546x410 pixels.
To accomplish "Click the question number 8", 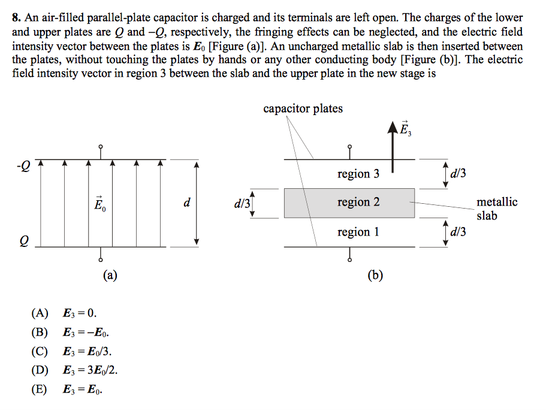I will [x=16, y=18].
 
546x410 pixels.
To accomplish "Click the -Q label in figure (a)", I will [x=23, y=163].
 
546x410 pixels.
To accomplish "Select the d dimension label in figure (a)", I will [x=187, y=203].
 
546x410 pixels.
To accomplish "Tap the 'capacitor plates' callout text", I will [x=303, y=108].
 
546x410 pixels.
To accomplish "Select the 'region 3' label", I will [x=358, y=174].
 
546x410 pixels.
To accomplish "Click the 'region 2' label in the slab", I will [x=358, y=202].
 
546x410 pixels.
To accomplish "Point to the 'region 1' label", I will [x=358, y=231].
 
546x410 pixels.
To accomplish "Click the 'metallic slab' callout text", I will [x=497, y=209].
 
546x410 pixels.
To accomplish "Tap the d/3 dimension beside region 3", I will [x=458, y=174].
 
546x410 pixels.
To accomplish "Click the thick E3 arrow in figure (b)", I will [x=393, y=150].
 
